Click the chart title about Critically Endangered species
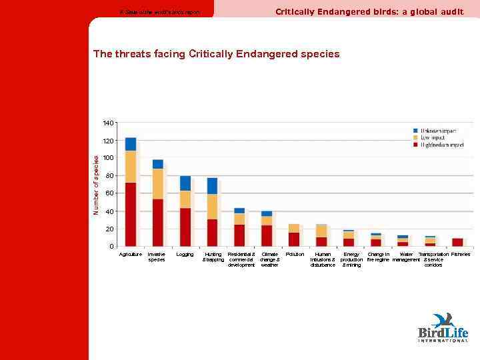216,54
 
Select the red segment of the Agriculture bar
131,214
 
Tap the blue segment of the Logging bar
185,183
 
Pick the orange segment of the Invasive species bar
158,183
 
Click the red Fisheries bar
457,242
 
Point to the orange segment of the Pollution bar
294,228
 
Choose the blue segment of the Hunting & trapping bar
212,185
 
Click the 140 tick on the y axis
108,123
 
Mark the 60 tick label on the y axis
109,193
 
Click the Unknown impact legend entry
438,131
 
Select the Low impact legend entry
433,137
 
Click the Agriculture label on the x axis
130,254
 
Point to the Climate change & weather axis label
269,259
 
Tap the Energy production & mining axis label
351,259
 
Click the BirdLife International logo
443,327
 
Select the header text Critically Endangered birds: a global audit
369,11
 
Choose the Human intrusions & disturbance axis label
323,259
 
